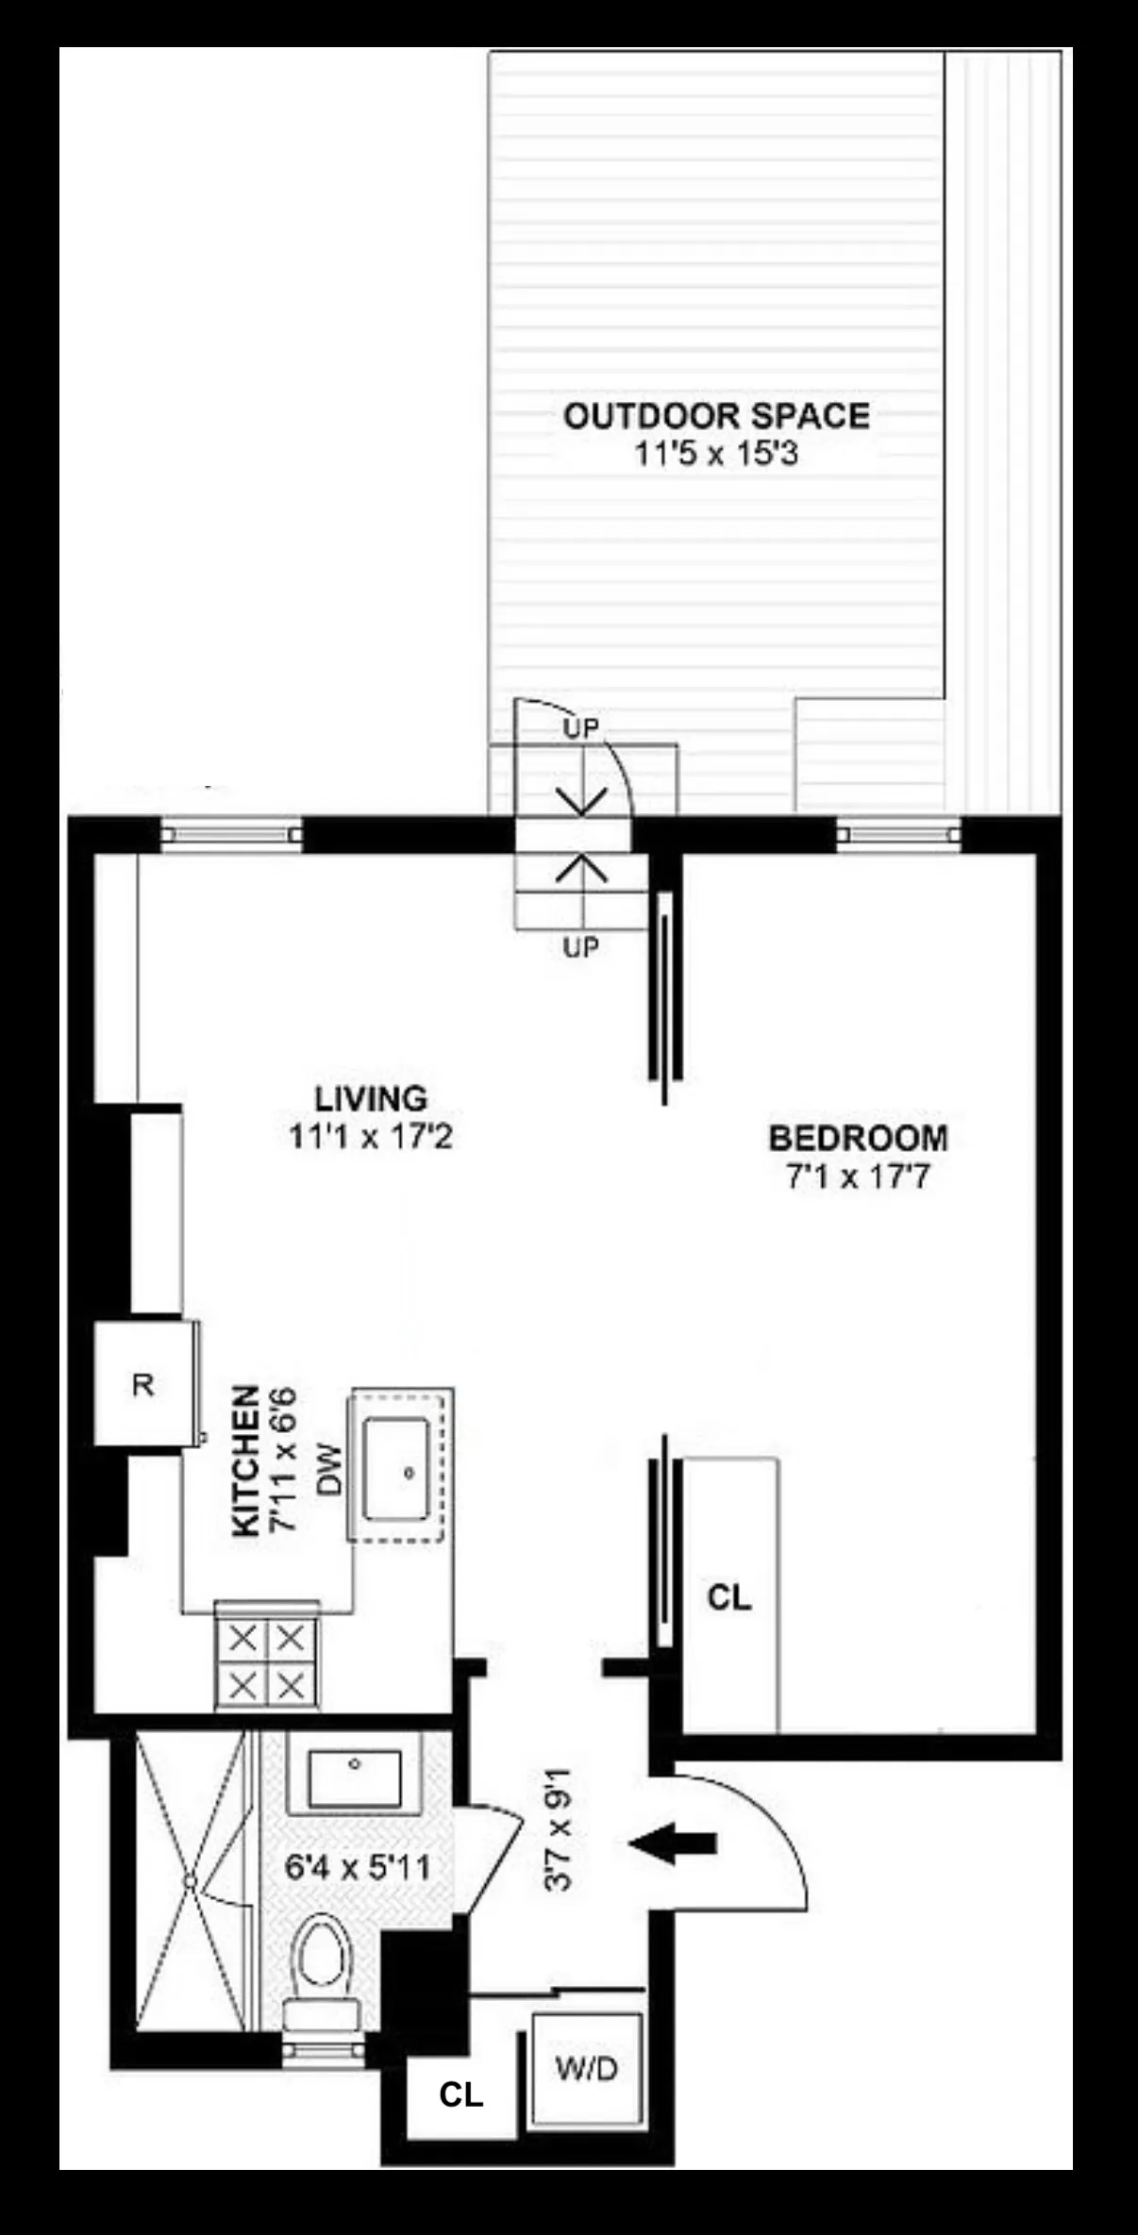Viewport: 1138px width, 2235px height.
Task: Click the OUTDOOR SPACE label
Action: pyautogui.click(x=716, y=416)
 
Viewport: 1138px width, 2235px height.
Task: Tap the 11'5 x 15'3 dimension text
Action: pyautogui.click(x=716, y=455)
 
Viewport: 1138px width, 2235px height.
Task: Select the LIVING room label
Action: pyautogui.click(x=371, y=1099)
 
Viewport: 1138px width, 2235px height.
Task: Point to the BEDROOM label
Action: pyautogui.click(x=858, y=1139)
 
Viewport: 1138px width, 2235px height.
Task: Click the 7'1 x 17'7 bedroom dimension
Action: pyautogui.click(x=858, y=1177)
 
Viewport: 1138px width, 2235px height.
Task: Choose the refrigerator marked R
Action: pyautogui.click(x=143, y=1385)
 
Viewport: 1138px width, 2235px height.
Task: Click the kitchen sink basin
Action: pyautogui.click(x=396, y=1470)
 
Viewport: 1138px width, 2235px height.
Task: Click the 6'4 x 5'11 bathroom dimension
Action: pyautogui.click(x=358, y=1867)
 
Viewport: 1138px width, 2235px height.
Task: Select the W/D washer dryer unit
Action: pyautogui.click(x=587, y=2069)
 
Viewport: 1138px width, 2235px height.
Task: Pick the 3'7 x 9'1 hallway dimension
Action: pyautogui.click(x=560, y=1829)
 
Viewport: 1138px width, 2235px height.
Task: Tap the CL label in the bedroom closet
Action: pyautogui.click(x=729, y=1597)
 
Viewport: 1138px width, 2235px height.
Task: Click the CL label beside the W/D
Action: pyautogui.click(x=461, y=2094)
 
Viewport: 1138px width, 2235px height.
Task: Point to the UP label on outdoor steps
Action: pyautogui.click(x=581, y=728)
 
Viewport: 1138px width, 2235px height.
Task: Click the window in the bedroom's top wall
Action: pyautogui.click(x=898, y=834)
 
